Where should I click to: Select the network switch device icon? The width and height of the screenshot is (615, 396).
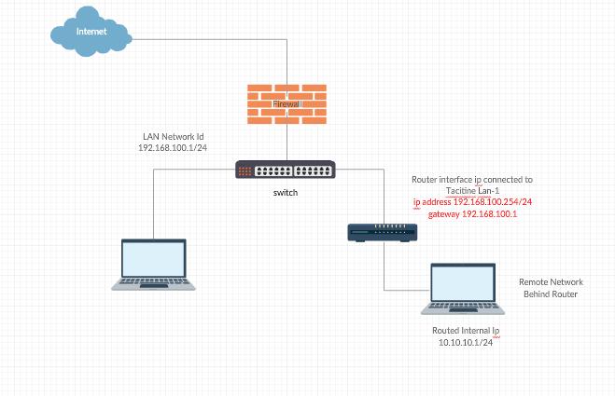285,171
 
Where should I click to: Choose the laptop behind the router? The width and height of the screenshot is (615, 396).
464,289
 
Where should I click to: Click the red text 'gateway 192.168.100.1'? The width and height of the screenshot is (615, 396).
472,214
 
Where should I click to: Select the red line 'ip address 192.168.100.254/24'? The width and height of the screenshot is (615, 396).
472,202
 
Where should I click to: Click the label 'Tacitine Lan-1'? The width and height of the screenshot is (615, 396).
472,190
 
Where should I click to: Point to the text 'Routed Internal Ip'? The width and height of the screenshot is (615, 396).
467,331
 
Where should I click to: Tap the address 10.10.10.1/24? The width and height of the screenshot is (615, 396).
466,343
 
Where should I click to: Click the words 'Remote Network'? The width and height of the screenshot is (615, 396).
551,281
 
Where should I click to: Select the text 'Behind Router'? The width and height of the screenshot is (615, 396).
551,294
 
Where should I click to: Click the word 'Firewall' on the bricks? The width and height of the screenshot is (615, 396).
286,104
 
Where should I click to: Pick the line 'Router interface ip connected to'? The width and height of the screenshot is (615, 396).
472,179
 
